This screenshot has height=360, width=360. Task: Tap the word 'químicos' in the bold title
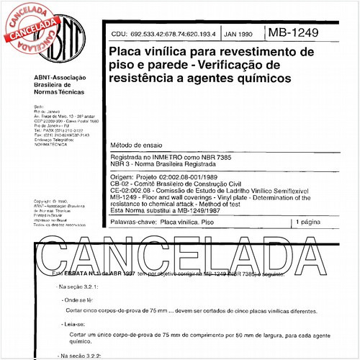click(x=261, y=76)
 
